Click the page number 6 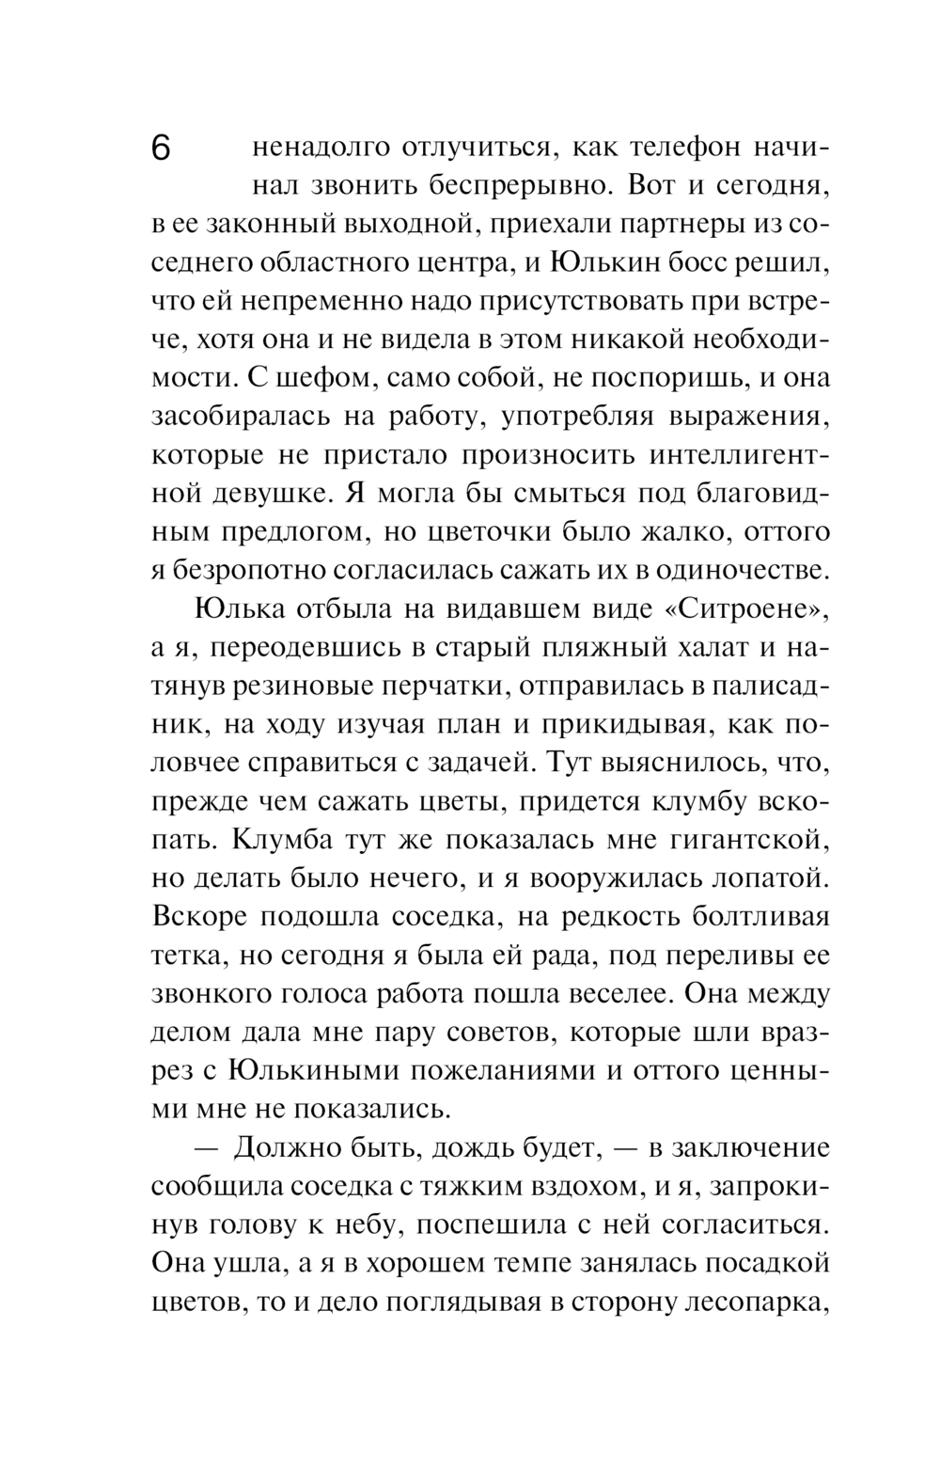click(161, 150)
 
